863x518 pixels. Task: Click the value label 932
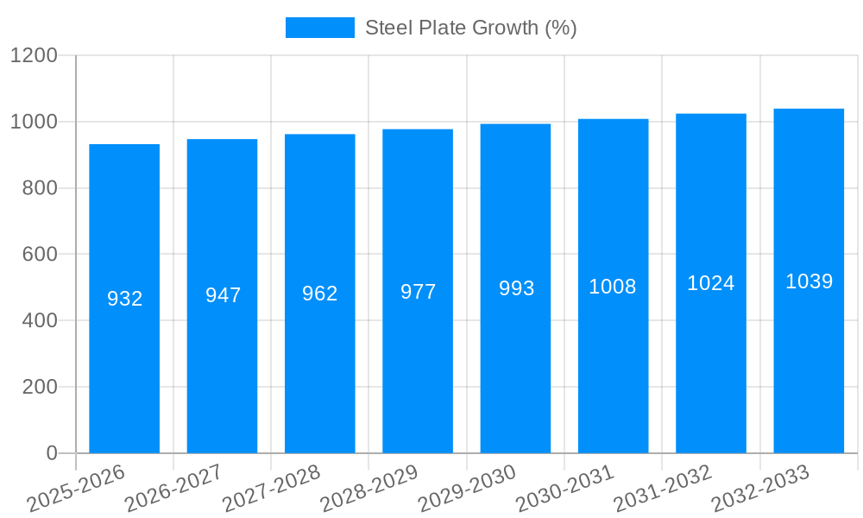click(x=124, y=299)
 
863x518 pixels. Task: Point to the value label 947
click(x=223, y=295)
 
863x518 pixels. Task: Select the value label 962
click(x=320, y=294)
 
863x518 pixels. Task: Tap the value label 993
click(x=516, y=288)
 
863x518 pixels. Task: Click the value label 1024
click(x=711, y=283)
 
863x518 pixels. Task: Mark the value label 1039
click(x=809, y=281)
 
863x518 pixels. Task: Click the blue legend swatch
click(x=319, y=28)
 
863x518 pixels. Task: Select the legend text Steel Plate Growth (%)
click(x=470, y=28)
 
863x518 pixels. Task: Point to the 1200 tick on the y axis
click(x=34, y=56)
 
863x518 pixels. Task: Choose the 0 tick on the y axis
click(x=51, y=453)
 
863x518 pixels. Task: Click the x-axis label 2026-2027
click(x=173, y=489)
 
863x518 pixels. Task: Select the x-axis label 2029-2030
click(x=467, y=489)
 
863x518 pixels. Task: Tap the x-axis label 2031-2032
click(x=663, y=489)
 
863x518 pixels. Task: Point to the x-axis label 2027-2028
click(x=272, y=489)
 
